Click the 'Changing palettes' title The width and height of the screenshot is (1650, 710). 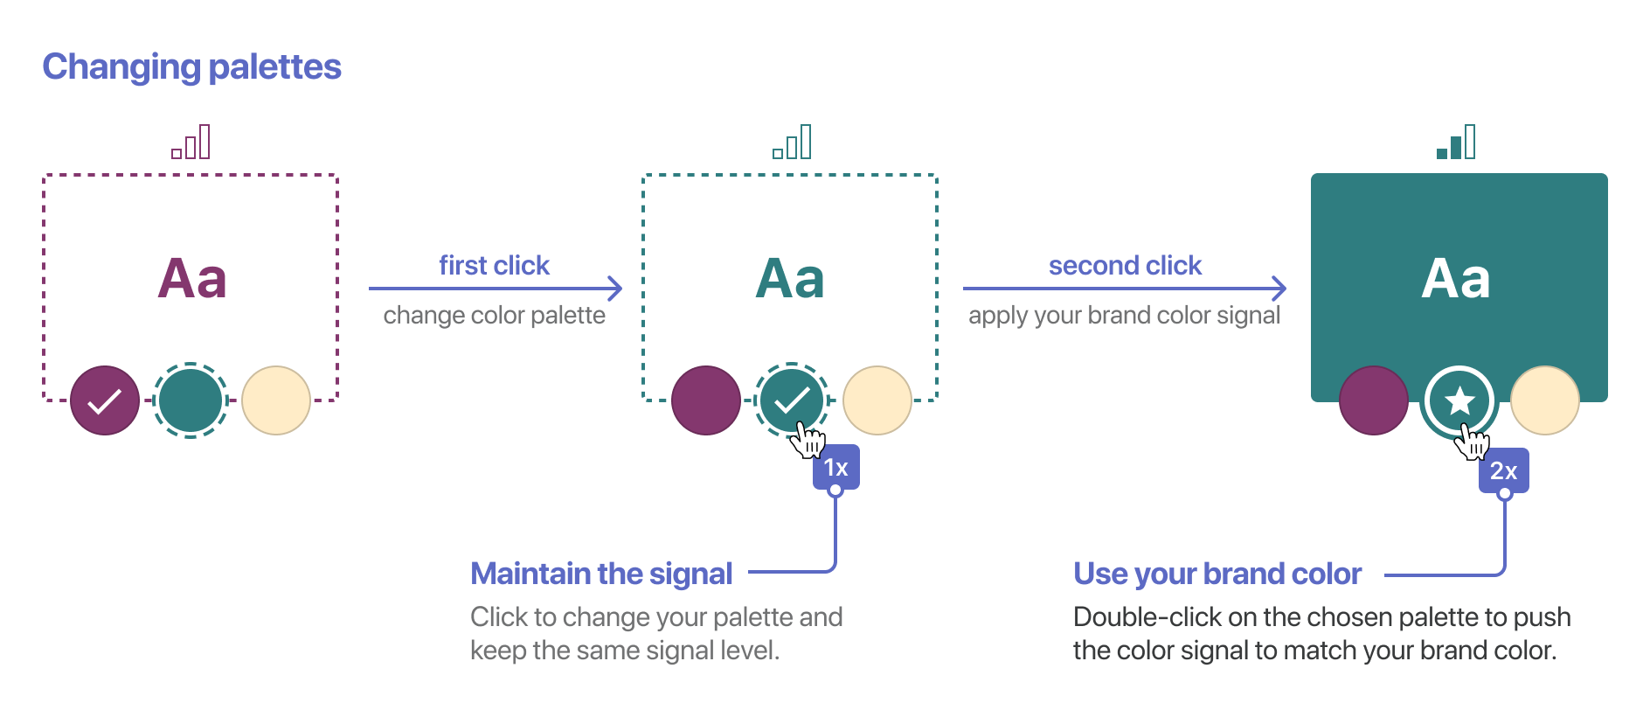[x=191, y=67]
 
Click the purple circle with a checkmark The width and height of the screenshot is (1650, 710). [x=105, y=400]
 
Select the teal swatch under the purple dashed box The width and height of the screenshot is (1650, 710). [x=191, y=400]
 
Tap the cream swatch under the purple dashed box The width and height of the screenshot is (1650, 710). [x=276, y=400]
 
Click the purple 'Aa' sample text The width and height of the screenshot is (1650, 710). [x=192, y=279]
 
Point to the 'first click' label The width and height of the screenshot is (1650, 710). [x=494, y=265]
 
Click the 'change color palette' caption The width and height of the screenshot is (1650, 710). [x=494, y=315]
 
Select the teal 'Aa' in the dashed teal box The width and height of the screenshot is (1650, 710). [x=790, y=279]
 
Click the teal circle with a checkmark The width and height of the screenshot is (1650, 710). [x=792, y=400]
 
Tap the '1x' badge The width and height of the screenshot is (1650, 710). [x=836, y=468]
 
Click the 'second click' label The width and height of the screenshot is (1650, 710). [x=1125, y=265]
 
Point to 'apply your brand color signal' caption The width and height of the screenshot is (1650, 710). [x=1124, y=315]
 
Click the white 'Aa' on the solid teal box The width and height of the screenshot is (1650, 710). [x=1456, y=279]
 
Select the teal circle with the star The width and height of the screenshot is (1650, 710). [x=1459, y=401]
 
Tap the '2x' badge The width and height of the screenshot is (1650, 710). [x=1503, y=470]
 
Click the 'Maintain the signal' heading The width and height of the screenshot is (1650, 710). [x=601, y=574]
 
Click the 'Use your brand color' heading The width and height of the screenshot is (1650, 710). [x=1217, y=574]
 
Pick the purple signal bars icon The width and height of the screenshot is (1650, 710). [x=191, y=142]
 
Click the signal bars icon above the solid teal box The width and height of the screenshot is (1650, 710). [x=1456, y=142]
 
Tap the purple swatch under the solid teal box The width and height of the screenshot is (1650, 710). [x=1374, y=400]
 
